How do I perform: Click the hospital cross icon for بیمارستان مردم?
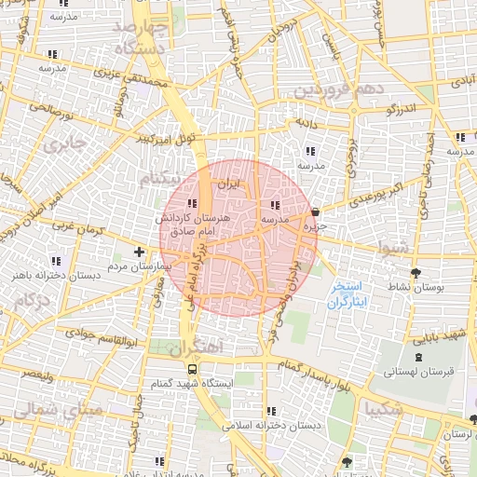tap(139, 252)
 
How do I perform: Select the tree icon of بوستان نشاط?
tap(416, 273)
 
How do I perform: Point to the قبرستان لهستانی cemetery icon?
tap(416, 356)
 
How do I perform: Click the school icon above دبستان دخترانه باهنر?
tap(56, 260)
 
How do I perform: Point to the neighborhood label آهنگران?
tap(198, 346)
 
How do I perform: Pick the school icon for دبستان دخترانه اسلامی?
tap(270, 411)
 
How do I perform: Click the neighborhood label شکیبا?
tap(385, 408)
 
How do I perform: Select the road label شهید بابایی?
tap(435, 334)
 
